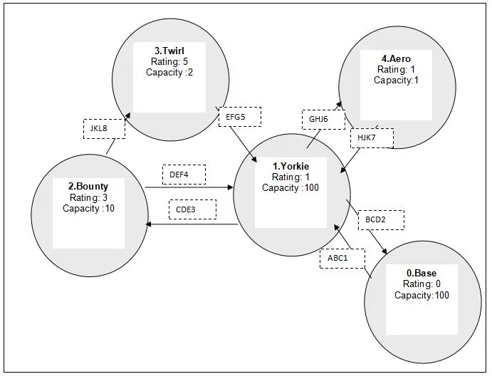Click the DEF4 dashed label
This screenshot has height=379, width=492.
[184, 175]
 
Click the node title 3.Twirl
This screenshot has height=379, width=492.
[169, 52]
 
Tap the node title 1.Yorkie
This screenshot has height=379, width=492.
[291, 167]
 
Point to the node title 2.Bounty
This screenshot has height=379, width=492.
[88, 187]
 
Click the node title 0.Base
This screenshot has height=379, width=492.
[421, 274]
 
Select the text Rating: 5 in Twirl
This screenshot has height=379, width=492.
[169, 62]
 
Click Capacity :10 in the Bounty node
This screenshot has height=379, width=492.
[88, 209]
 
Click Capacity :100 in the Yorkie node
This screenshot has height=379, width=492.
[291, 188]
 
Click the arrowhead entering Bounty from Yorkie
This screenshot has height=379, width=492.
[147, 224]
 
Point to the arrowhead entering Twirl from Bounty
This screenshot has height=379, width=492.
[128, 113]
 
